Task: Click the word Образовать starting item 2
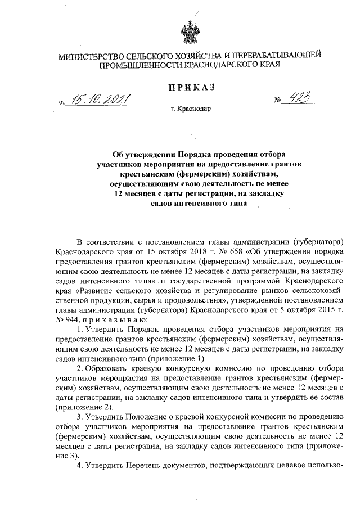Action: [109, 368]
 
